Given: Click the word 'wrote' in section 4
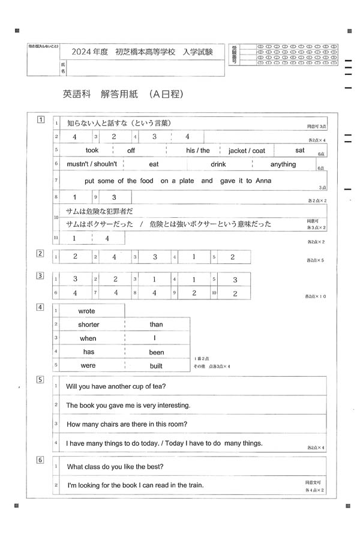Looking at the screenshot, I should click(87, 311).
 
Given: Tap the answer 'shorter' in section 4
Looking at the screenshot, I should click(89, 325).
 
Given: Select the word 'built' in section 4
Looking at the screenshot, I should click(156, 365).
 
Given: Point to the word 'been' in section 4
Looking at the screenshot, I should click(157, 352).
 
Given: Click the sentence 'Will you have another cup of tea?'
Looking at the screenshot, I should click(116, 386).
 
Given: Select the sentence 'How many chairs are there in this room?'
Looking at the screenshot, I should click(127, 424).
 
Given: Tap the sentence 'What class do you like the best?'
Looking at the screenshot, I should click(115, 466).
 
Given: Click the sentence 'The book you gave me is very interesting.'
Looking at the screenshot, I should click(128, 405).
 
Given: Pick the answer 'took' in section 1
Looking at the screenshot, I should click(92, 151).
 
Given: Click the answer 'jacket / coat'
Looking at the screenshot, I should click(247, 151).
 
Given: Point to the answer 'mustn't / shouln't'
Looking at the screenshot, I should click(92, 164).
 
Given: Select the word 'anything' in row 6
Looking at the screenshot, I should click(283, 164).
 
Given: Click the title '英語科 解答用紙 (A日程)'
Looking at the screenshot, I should click(122, 94).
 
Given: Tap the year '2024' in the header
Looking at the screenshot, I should click(80, 52).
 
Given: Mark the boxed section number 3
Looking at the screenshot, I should click(40, 275).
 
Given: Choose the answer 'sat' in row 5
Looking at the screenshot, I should click(300, 150).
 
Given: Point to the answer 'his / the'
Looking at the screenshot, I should click(197, 151).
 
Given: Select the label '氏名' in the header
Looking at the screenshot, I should click(62, 67).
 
